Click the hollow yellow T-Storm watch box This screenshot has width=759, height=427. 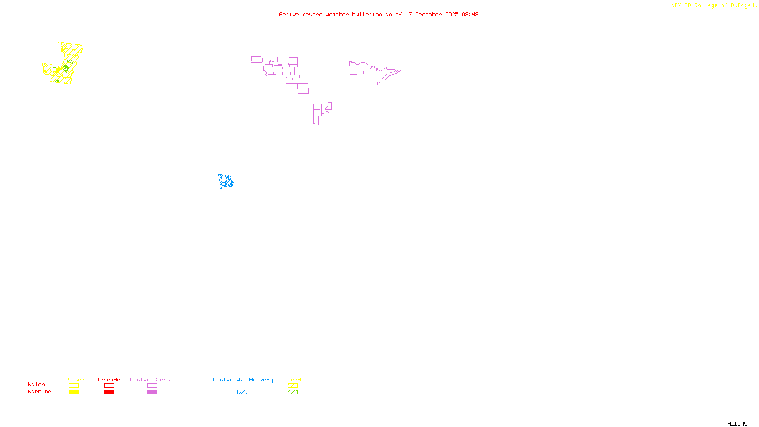(74, 386)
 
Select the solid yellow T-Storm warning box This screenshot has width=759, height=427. (74, 392)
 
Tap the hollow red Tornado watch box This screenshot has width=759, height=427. (109, 386)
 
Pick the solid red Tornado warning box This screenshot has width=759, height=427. (109, 392)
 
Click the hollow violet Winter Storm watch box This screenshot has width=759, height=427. (152, 386)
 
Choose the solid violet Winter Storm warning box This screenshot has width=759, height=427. (152, 392)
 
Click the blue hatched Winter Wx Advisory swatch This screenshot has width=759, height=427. (242, 392)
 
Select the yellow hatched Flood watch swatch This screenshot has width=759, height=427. (293, 386)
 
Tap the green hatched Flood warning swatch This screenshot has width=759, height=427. (293, 392)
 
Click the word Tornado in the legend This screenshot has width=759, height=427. (109, 380)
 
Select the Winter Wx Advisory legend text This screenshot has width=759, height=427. (243, 380)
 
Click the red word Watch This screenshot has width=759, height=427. (37, 385)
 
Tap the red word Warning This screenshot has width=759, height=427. (39, 392)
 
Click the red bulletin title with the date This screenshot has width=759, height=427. (379, 14)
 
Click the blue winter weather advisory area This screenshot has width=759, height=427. (226, 181)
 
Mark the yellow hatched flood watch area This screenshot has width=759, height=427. (71, 49)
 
